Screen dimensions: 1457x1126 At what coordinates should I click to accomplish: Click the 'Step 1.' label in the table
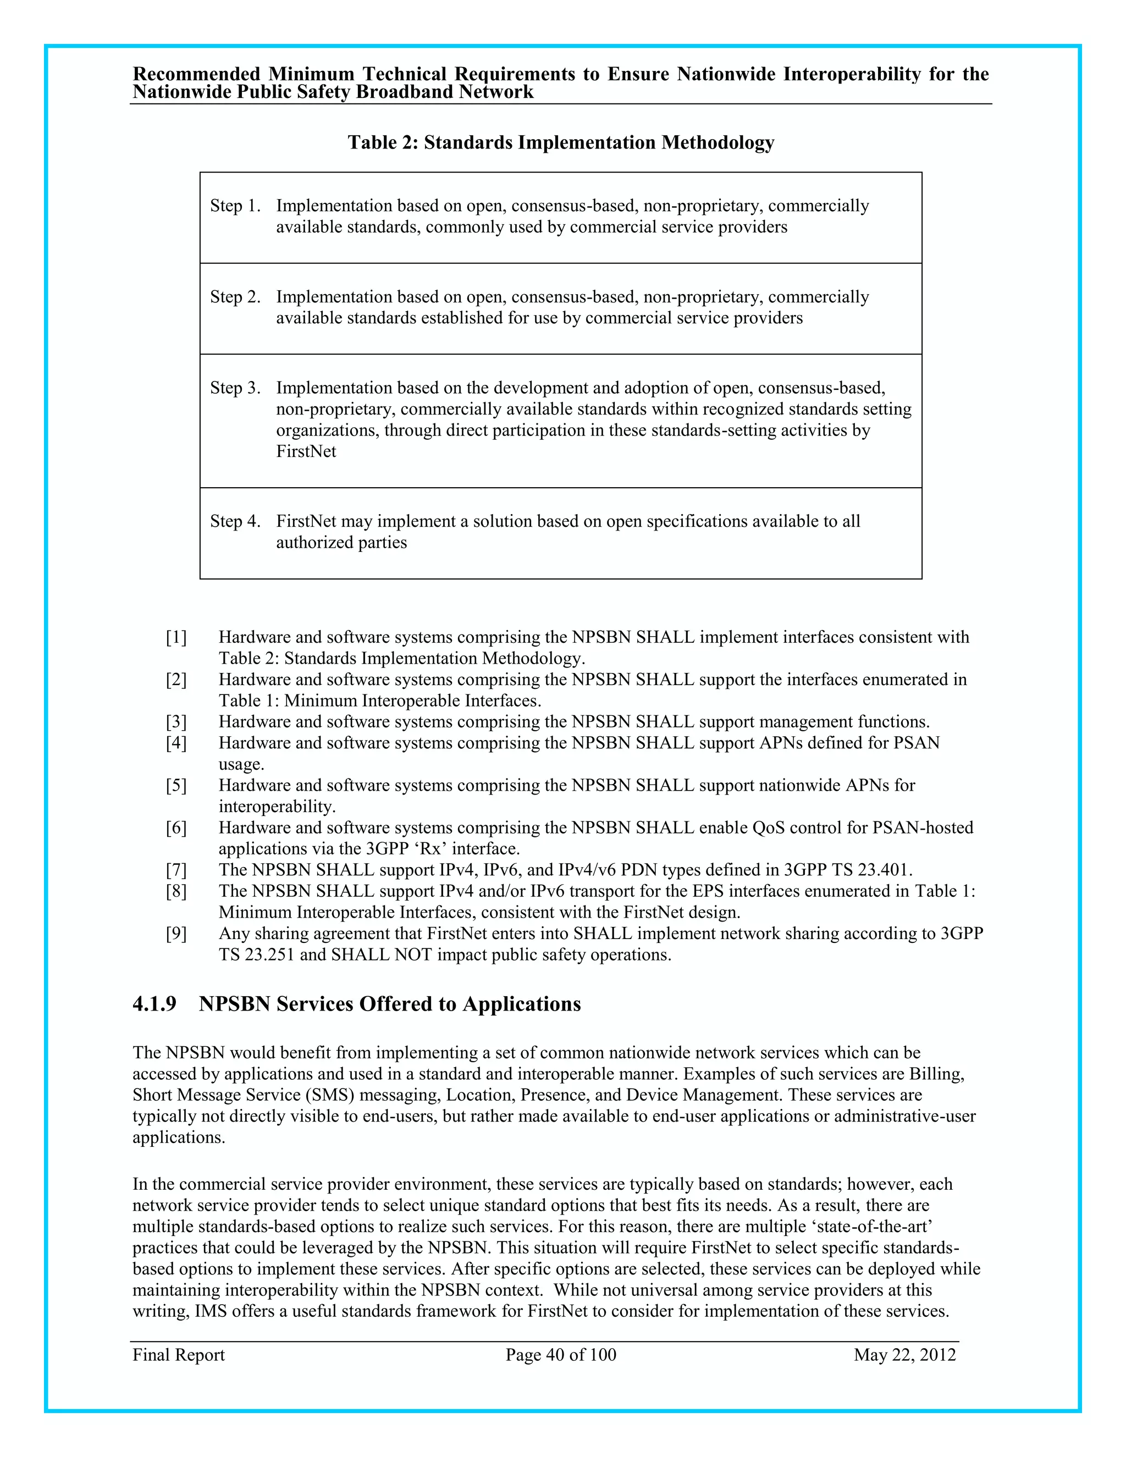point(235,206)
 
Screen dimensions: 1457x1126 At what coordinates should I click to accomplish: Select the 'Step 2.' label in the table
point(235,297)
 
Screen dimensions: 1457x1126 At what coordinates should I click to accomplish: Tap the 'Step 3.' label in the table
point(235,388)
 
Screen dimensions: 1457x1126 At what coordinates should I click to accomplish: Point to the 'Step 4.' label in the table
point(235,521)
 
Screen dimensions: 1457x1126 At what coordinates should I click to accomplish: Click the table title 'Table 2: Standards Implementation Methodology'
point(560,143)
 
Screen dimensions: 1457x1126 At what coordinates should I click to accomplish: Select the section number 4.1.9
point(154,1004)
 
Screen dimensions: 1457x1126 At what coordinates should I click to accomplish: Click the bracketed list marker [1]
point(176,638)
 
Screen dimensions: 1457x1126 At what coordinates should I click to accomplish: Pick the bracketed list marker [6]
point(176,828)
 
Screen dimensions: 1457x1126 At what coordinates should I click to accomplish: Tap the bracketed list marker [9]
point(176,934)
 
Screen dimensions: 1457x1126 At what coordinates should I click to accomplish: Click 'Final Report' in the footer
point(178,1355)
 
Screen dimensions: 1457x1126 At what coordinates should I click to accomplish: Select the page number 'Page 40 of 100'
point(560,1355)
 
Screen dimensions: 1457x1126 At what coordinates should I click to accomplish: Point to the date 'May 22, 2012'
point(904,1355)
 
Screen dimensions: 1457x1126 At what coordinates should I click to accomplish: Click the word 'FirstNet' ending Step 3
point(306,451)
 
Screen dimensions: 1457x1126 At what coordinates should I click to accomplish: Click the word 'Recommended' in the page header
point(197,74)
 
